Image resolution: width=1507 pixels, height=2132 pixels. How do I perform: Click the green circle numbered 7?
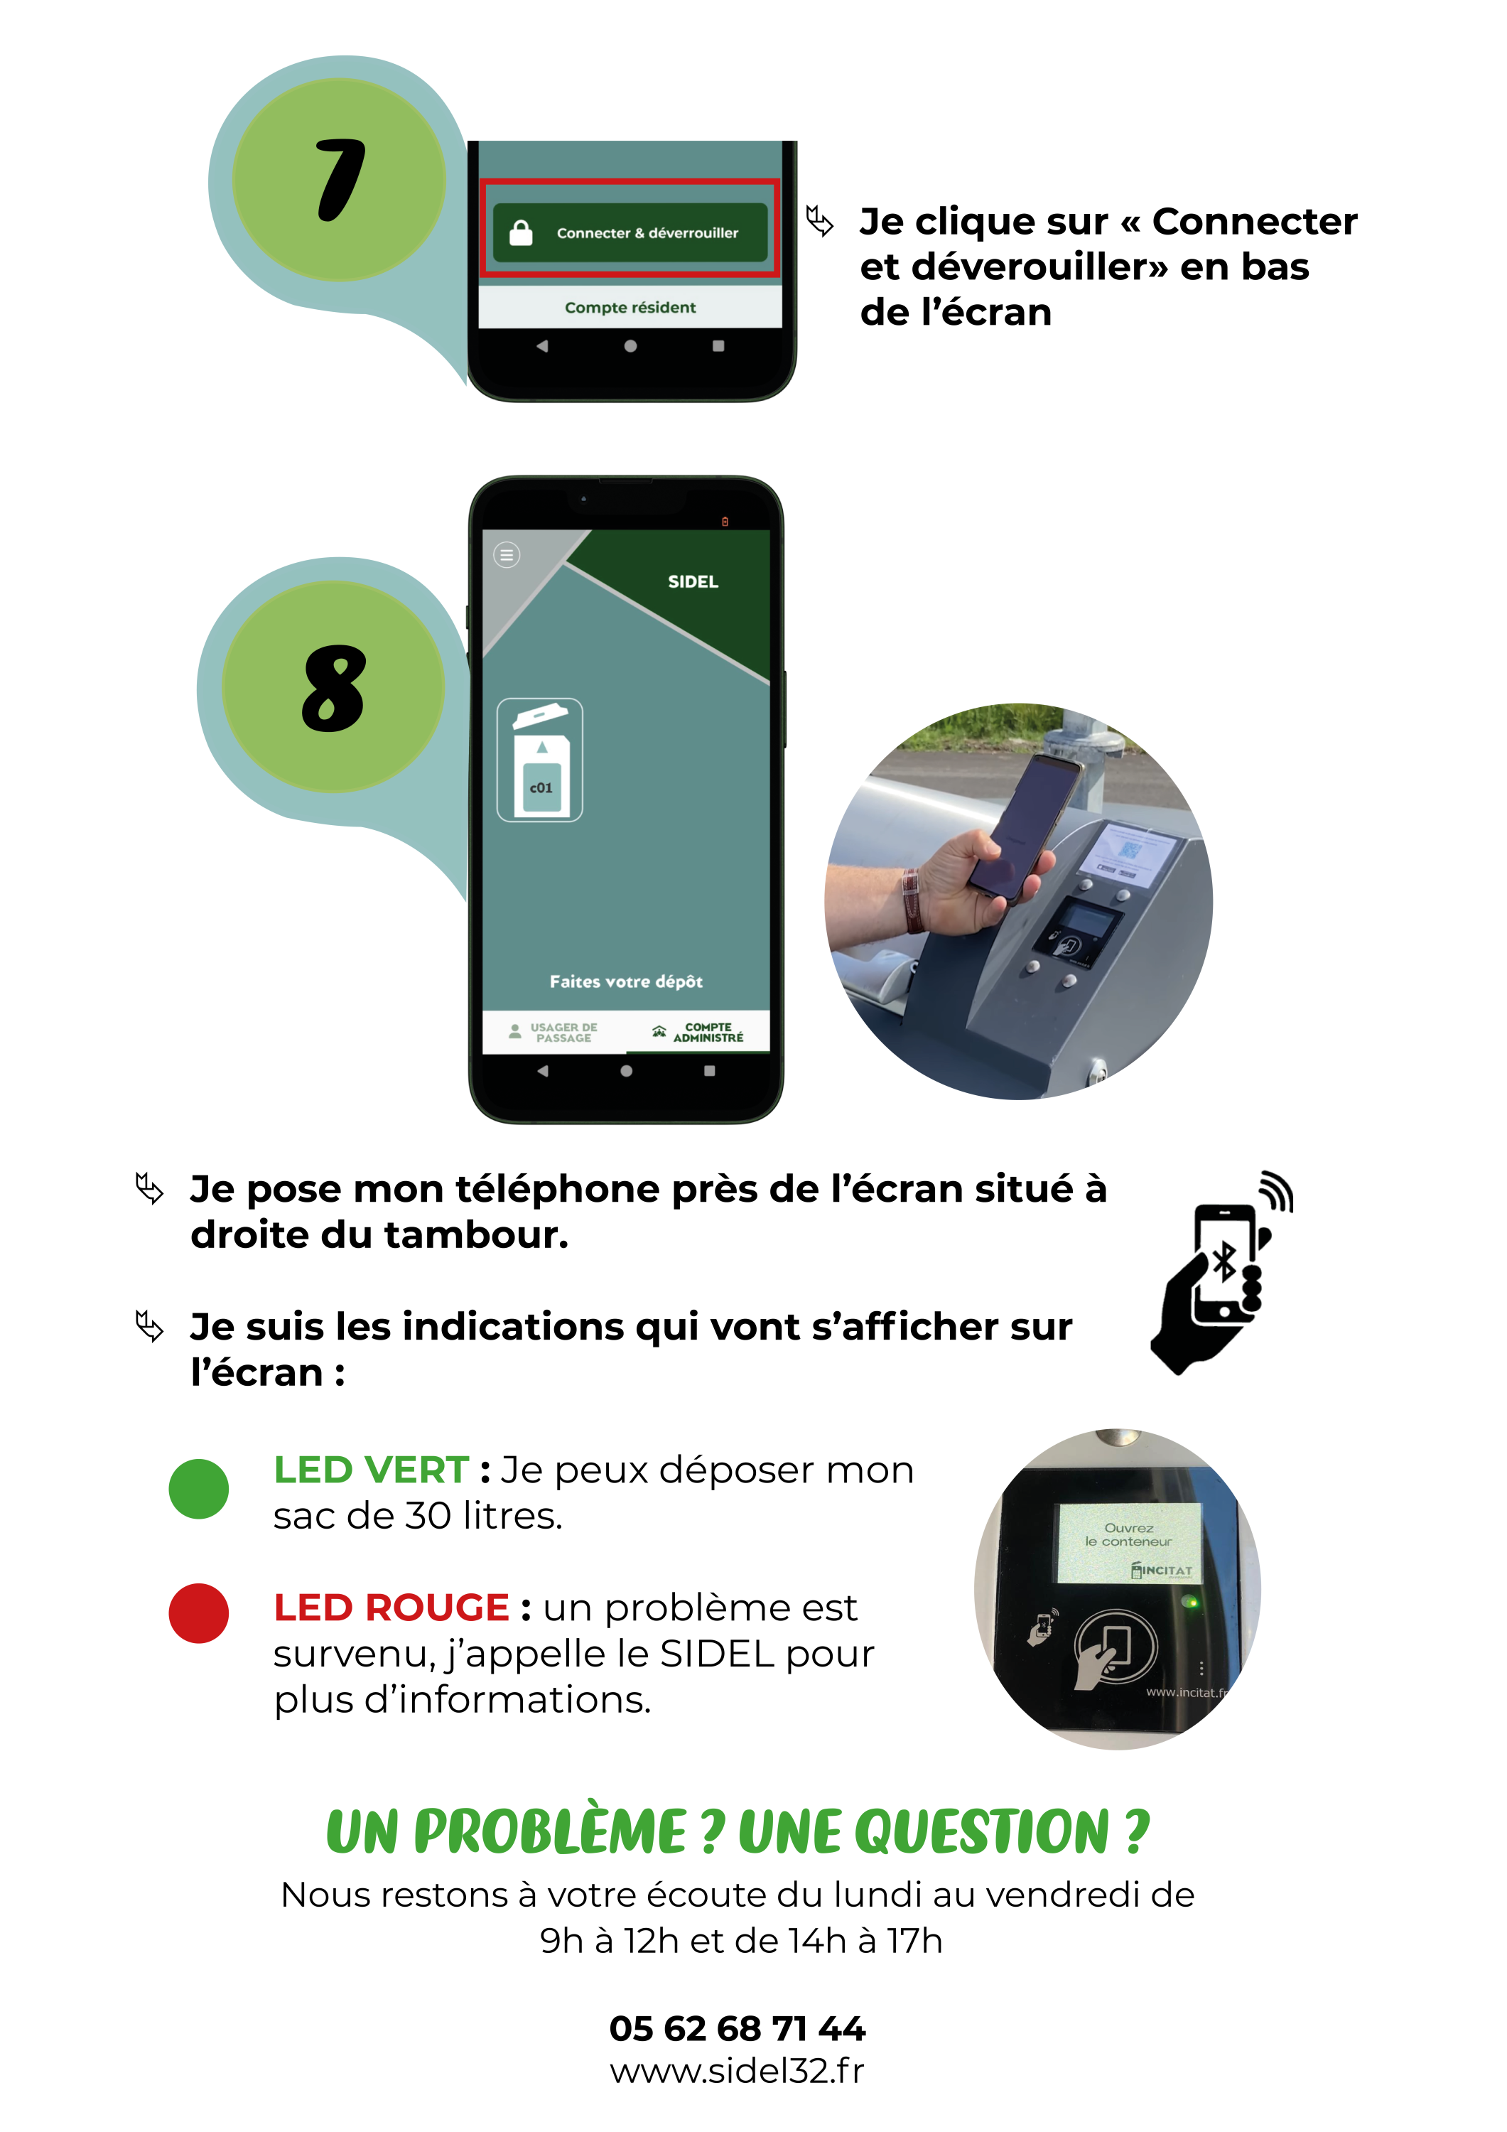point(339,180)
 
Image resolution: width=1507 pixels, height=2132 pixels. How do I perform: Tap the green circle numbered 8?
point(333,687)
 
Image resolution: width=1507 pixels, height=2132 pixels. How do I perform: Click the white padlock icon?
point(521,232)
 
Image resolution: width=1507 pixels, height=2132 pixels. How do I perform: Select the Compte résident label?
point(630,307)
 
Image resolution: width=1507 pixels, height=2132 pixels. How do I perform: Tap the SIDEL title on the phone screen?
point(693,581)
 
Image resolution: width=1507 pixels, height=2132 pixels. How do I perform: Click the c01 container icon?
point(541,760)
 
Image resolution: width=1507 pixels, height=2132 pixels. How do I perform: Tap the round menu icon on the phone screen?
point(506,555)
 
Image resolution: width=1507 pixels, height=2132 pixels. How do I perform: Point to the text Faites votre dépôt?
point(626,981)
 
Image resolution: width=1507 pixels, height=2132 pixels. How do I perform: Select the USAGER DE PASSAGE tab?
point(554,1033)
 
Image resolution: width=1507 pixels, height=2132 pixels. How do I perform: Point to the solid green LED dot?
point(199,1489)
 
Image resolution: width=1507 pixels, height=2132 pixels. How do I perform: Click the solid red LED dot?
point(199,1613)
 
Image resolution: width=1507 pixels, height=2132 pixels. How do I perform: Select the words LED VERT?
point(370,1470)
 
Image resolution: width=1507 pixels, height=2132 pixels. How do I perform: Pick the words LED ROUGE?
point(391,1608)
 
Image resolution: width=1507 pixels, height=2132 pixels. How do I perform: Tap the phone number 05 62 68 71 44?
point(738,2029)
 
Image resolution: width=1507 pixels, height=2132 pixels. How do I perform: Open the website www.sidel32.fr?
point(738,2071)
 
